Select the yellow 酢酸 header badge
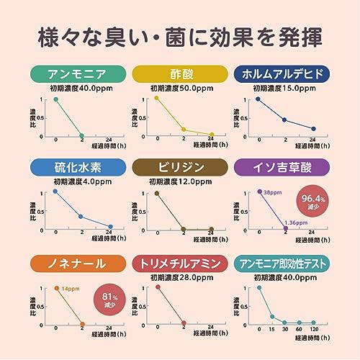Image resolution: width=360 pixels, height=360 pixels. [179, 73]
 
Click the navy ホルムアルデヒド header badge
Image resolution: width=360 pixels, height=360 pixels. [283, 73]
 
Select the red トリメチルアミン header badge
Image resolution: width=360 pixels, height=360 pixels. [179, 263]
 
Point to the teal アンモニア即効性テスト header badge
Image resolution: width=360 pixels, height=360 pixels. [283, 263]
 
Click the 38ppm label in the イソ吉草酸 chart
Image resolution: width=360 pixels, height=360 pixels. [273, 192]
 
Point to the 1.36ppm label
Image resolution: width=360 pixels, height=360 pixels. [297, 224]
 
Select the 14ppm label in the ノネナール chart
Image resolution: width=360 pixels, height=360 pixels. [70, 289]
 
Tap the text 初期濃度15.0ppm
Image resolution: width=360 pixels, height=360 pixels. [283, 88]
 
